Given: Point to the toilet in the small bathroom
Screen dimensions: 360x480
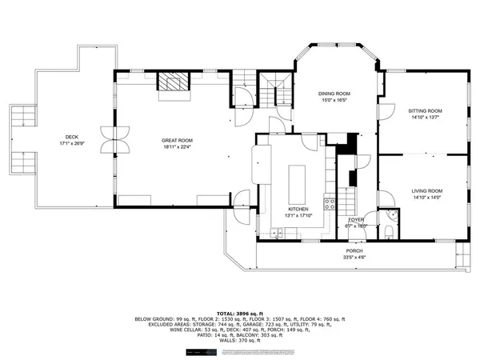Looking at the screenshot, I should [387, 232].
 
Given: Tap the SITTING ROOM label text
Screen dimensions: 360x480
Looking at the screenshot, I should [425, 110].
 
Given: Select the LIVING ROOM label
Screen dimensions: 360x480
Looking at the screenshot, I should [426, 190].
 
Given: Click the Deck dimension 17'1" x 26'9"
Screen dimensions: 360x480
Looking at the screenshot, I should [72, 145].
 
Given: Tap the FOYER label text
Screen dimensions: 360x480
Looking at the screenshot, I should [355, 219].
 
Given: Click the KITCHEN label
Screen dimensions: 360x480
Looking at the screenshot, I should [298, 210].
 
